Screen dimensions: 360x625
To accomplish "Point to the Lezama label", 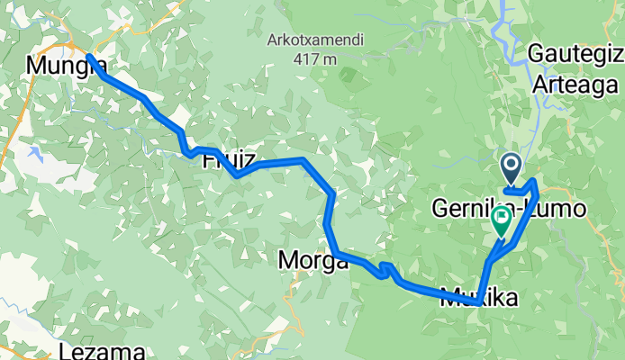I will (97, 350).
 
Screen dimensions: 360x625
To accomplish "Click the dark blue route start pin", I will (510, 166).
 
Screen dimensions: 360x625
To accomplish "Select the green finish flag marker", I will (501, 219).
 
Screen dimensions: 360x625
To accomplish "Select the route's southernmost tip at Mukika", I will (480, 294).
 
